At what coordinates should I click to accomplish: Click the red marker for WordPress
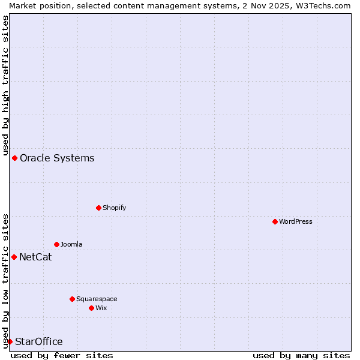[275, 221]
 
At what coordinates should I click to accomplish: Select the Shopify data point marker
[98, 208]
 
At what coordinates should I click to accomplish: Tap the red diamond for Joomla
[56, 244]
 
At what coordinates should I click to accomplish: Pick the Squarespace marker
[72, 299]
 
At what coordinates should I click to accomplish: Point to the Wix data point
[91, 308]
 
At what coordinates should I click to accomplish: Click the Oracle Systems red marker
[14, 158]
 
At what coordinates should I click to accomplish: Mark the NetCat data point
[14, 257]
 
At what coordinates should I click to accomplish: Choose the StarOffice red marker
[10, 341]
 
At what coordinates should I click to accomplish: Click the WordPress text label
[296, 221]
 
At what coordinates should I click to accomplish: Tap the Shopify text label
[115, 208]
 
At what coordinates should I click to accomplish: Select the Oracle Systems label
[57, 158]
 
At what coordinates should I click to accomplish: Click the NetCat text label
[35, 257]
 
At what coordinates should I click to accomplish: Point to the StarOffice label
[38, 342]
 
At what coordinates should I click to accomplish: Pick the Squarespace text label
[97, 299]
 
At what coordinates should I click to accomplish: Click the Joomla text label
[71, 244]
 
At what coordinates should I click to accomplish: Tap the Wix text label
[101, 308]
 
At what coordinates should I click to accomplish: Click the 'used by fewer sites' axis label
[62, 355]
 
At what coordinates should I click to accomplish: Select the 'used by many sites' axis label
[301, 355]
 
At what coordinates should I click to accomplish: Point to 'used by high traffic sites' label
[5, 84]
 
